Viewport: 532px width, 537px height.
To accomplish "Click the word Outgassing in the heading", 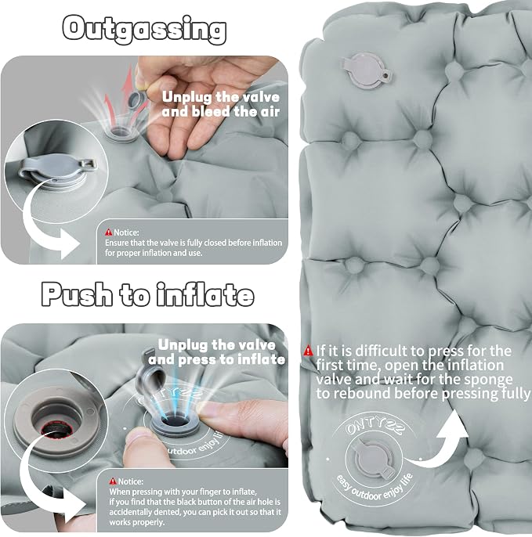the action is coord(144,30).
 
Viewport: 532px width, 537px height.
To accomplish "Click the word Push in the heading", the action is coord(77,294).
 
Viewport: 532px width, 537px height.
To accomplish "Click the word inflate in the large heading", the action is coord(205,294).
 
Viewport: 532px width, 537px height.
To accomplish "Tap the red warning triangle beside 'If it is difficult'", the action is coord(308,351).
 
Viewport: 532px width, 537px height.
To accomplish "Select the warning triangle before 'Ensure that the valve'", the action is coord(109,232).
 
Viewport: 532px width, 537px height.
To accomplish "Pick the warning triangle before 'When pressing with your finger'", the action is coord(113,481).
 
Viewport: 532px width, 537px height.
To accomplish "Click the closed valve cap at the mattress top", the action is coord(367,70).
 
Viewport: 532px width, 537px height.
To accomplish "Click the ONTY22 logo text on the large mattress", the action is coord(375,427).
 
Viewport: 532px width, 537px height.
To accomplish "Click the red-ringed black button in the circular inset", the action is coord(56,429).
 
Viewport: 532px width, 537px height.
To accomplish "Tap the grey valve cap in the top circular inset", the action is coord(56,168).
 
